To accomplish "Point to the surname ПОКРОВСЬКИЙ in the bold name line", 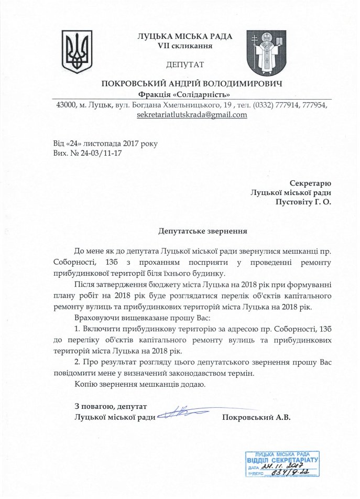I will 138,84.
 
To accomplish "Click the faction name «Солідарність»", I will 209,94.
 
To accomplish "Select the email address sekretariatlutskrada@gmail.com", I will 191,115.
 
